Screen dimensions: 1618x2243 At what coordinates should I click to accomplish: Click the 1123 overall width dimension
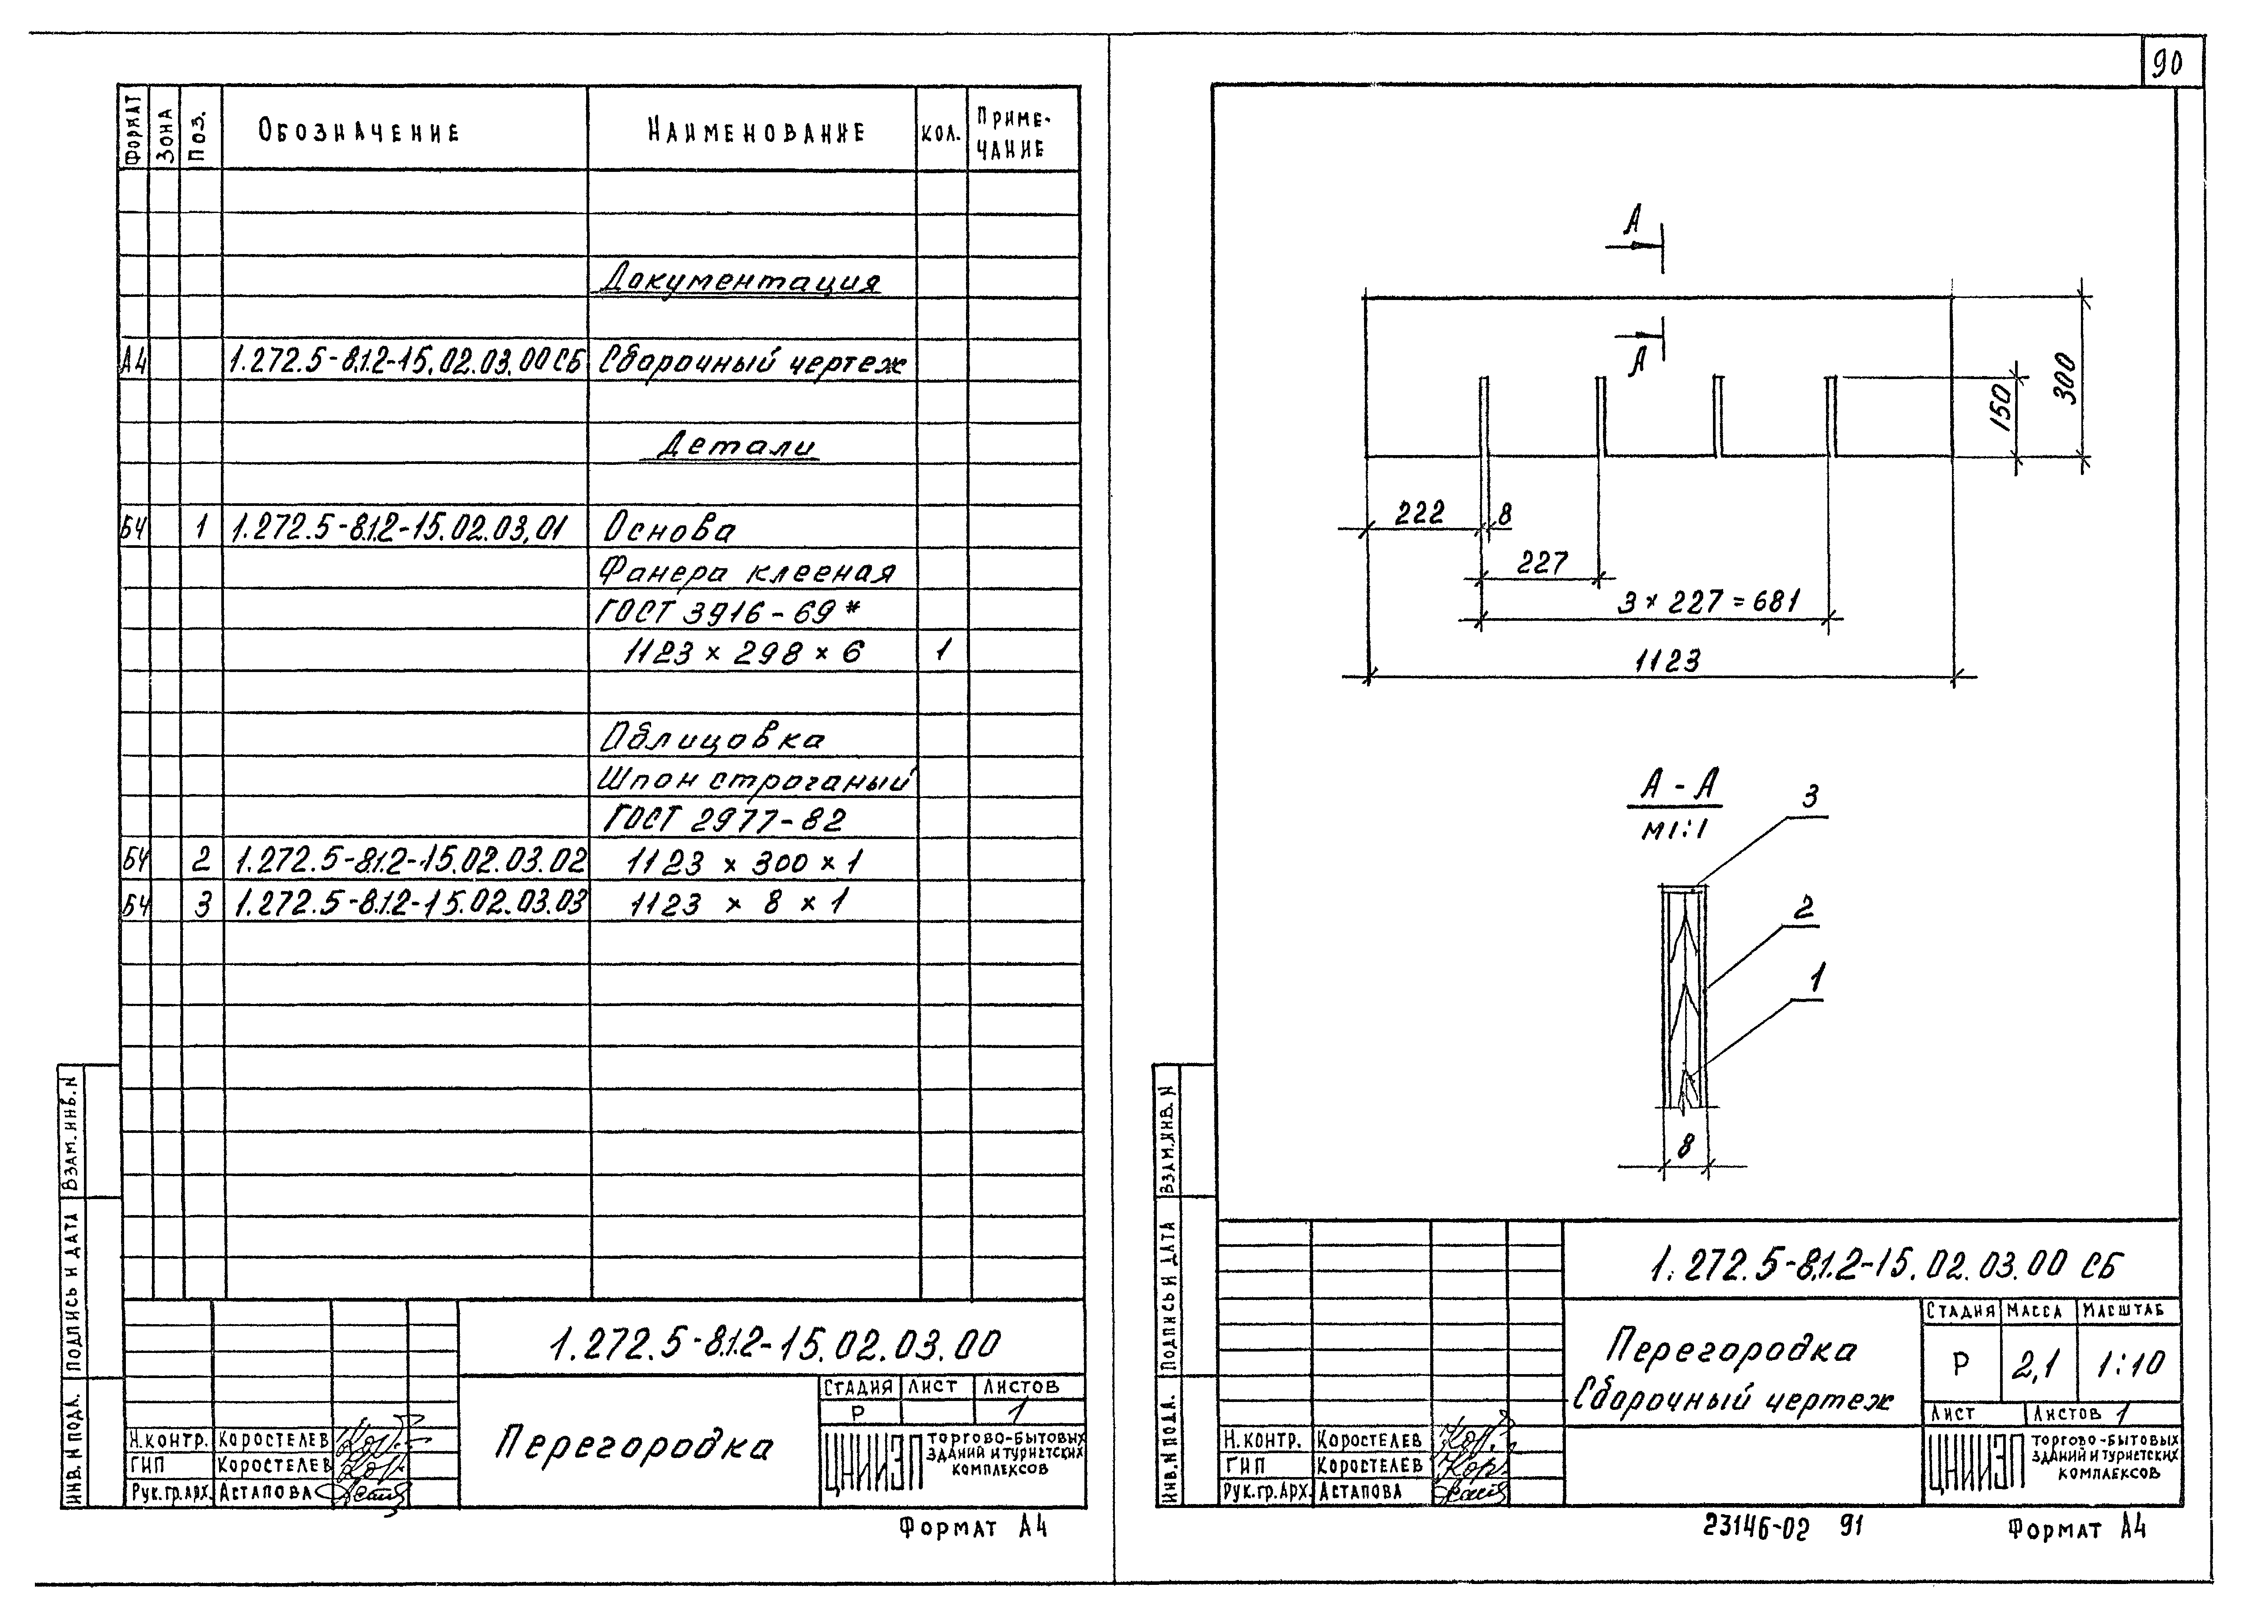(1667, 661)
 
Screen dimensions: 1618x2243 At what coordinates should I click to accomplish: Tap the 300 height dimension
(2064, 378)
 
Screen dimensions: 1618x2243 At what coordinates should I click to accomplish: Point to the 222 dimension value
(1419, 512)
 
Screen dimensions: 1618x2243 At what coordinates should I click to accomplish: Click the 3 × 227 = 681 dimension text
(1708, 601)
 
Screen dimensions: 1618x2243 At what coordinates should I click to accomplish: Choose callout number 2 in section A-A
(1804, 908)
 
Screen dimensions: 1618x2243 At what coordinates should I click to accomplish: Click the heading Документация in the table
(740, 278)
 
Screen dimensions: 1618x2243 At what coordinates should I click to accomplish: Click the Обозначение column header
(359, 132)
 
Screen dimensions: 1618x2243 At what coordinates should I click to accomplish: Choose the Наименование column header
(757, 132)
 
